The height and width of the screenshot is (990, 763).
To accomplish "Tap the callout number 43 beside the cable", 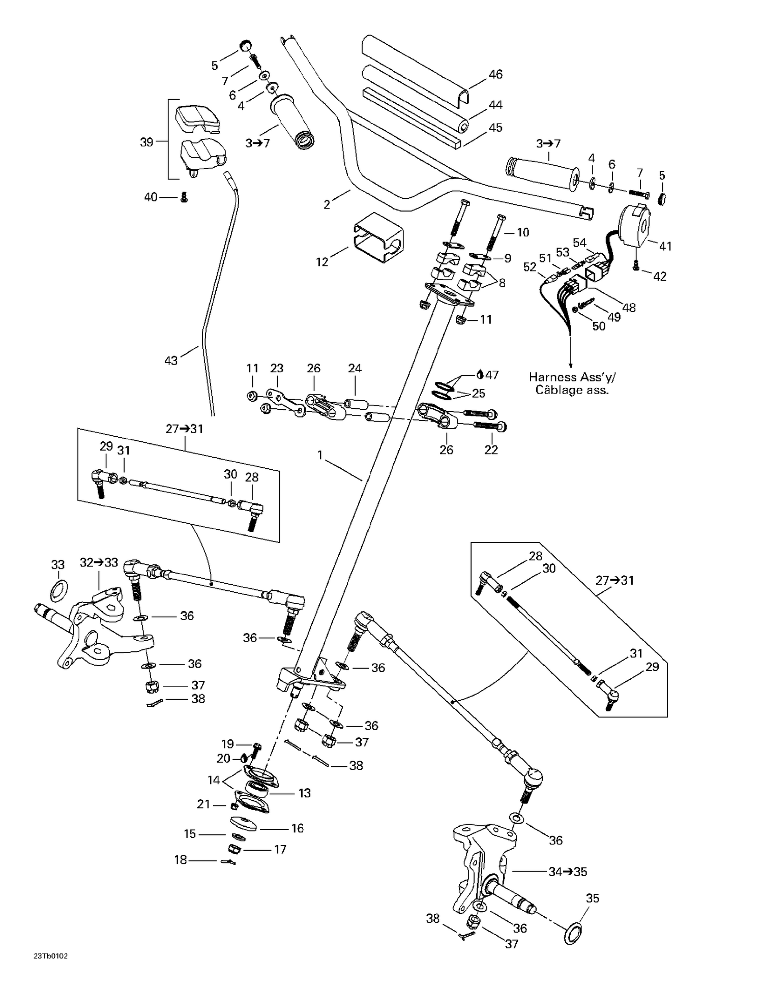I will tap(171, 361).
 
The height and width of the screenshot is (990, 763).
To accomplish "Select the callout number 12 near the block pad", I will tap(322, 262).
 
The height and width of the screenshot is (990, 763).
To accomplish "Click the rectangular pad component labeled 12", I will tap(379, 237).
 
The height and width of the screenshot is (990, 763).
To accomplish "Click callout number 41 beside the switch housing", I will tap(665, 246).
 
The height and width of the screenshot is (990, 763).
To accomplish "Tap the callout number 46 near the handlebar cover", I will tap(495, 74).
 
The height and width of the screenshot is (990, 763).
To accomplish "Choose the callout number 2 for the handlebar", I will tap(327, 204).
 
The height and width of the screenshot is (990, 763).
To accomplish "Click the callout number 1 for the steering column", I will tap(320, 455).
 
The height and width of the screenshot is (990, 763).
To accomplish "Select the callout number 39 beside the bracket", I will tap(146, 142).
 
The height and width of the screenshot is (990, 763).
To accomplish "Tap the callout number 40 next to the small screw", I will tap(151, 197).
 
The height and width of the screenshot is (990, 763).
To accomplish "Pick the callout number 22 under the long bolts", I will tap(491, 449).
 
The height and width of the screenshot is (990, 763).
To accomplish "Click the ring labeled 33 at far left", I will tap(59, 589).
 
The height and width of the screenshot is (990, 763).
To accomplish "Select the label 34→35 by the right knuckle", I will tap(568, 872).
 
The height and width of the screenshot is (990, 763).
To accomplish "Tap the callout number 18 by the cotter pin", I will tap(181, 860).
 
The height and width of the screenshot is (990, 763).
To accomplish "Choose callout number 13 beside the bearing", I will tap(304, 793).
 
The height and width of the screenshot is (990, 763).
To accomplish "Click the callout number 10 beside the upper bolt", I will tap(523, 232).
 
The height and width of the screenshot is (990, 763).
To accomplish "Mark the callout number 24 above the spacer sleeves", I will tap(355, 368).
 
